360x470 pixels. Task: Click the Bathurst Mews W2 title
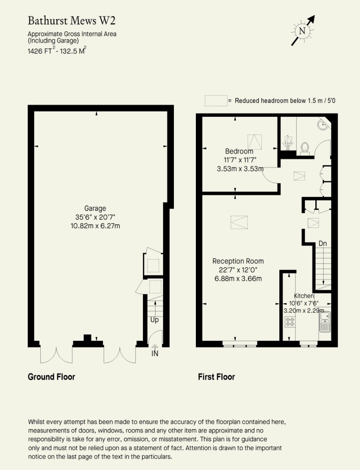[x=72, y=21]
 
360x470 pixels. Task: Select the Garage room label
[x=95, y=208]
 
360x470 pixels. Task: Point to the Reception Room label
[x=238, y=261]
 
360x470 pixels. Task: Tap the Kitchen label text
[x=304, y=296]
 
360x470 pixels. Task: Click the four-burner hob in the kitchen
[x=290, y=322]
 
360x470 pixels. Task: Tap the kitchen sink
[x=325, y=322]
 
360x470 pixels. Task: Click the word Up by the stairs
[x=155, y=320]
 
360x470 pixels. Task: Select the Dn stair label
[x=323, y=244]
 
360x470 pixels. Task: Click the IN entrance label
[x=155, y=353]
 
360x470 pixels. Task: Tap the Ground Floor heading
[x=51, y=376]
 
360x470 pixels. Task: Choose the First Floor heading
[x=217, y=376]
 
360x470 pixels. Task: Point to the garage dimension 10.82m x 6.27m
[x=95, y=226]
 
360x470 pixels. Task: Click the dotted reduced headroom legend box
[x=216, y=101]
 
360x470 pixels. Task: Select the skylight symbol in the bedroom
[x=255, y=142]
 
